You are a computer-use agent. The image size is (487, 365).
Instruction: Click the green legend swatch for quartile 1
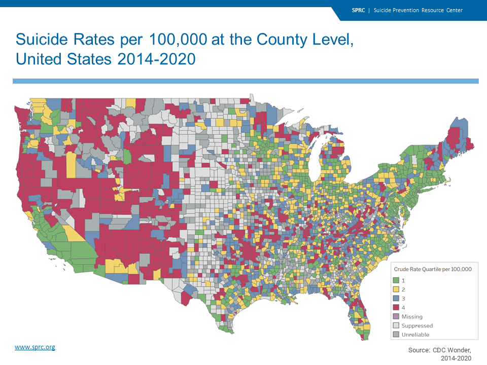(x=396, y=280)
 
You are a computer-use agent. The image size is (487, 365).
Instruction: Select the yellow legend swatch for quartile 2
(x=396, y=289)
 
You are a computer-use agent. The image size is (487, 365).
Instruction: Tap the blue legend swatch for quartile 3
(x=396, y=298)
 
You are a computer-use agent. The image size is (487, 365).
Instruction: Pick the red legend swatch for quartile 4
(x=396, y=307)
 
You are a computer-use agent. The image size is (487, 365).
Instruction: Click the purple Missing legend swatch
(x=396, y=316)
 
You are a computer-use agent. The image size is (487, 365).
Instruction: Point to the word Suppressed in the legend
(x=417, y=325)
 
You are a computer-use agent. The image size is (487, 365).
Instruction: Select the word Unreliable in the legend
(x=415, y=335)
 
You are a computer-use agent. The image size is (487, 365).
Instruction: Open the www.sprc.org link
(x=35, y=347)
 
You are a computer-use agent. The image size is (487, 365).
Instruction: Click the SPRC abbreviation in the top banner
(x=359, y=10)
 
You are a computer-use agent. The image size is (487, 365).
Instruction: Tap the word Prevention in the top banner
(x=405, y=10)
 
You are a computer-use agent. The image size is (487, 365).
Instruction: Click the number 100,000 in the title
(x=178, y=40)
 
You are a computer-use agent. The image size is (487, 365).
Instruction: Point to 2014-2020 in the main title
(x=157, y=59)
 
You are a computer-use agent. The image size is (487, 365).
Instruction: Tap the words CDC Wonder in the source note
(x=452, y=350)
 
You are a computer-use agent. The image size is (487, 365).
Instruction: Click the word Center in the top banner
(x=455, y=10)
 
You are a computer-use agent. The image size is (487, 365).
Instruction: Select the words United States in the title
(x=64, y=59)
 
